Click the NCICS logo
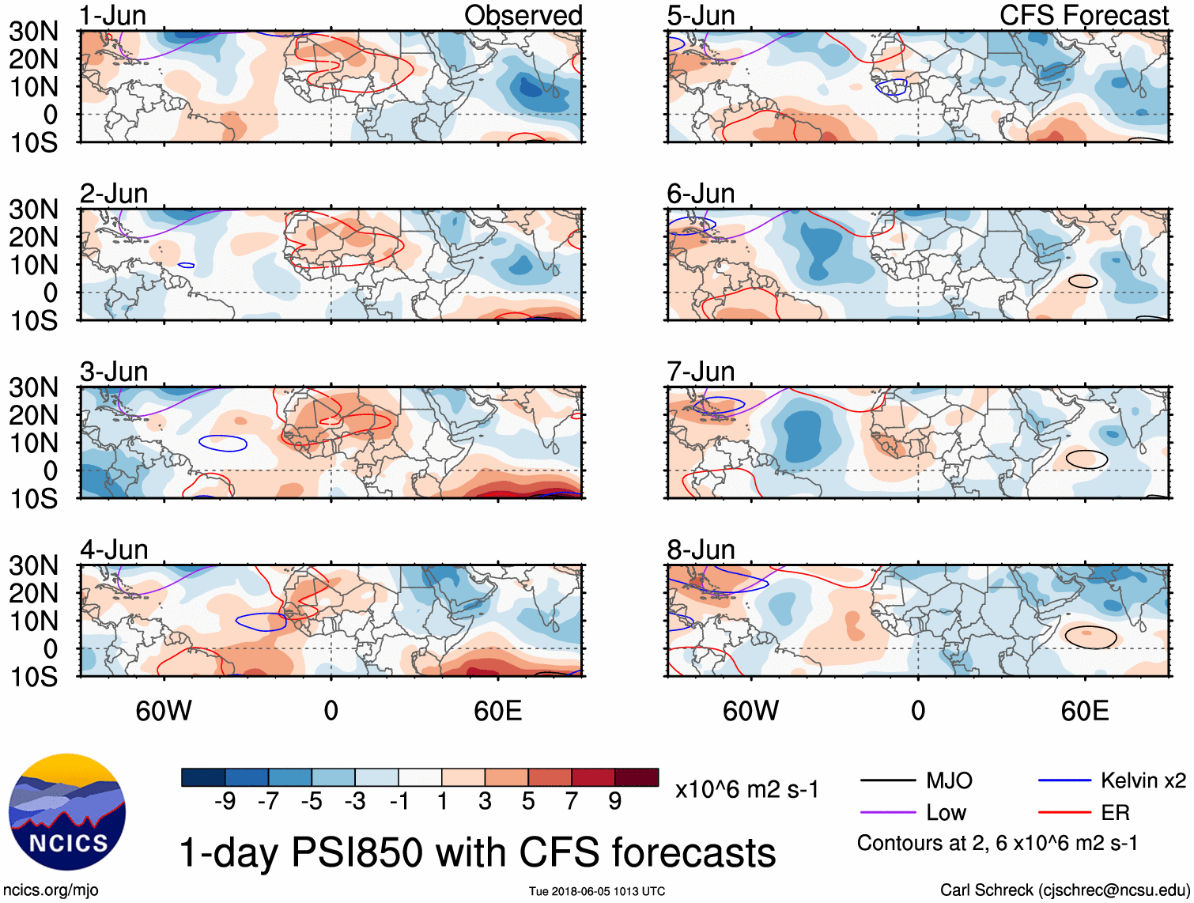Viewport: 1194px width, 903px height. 67,812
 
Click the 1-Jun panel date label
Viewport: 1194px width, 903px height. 113,16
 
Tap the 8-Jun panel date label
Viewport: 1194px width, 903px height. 701,550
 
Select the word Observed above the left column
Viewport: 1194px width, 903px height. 523,16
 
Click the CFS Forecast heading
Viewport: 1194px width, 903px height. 1083,16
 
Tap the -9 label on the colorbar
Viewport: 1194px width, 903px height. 225,802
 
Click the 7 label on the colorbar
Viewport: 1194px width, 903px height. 572,802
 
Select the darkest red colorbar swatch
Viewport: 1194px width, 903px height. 637,777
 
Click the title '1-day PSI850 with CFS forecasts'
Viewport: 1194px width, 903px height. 478,853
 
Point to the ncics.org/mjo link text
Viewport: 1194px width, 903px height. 51,890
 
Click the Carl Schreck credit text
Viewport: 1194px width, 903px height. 1064,890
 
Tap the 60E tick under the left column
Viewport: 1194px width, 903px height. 497,711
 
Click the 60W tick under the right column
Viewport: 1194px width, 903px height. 750,711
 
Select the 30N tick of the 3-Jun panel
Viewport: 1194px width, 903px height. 33,387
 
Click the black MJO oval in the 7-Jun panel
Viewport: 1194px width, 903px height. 1086,459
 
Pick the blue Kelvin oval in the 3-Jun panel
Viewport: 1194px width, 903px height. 222,443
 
